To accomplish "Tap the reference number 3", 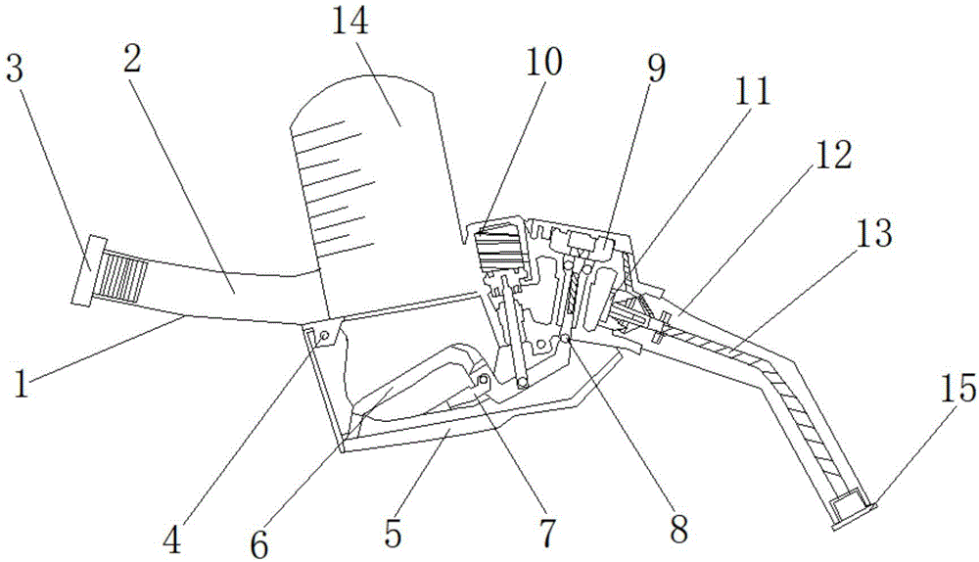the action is [15, 69].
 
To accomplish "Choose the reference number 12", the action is [832, 155].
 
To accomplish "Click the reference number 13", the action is [874, 235].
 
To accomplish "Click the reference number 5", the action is [393, 533].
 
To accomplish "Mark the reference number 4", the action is [172, 539].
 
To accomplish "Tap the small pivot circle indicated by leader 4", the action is [324, 337].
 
